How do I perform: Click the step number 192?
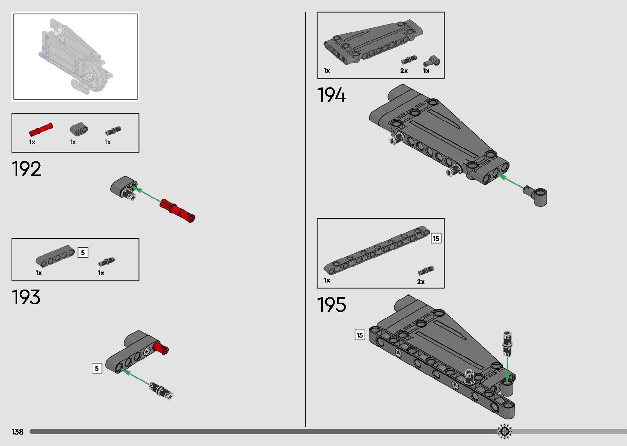click(27, 169)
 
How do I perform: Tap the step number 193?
click(27, 297)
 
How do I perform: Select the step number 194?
click(331, 95)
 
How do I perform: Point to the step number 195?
click(331, 305)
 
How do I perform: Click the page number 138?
click(18, 432)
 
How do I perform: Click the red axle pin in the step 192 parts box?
click(41, 129)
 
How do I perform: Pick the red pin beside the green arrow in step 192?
click(177, 209)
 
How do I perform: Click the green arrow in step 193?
click(135, 377)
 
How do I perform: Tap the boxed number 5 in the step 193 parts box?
click(83, 253)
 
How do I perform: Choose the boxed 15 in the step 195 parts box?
click(436, 238)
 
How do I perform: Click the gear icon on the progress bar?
click(505, 431)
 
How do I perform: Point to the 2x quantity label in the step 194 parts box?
click(404, 71)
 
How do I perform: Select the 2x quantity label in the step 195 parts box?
click(421, 282)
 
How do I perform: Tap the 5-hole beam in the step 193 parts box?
click(55, 255)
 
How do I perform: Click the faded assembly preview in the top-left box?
click(75, 57)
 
